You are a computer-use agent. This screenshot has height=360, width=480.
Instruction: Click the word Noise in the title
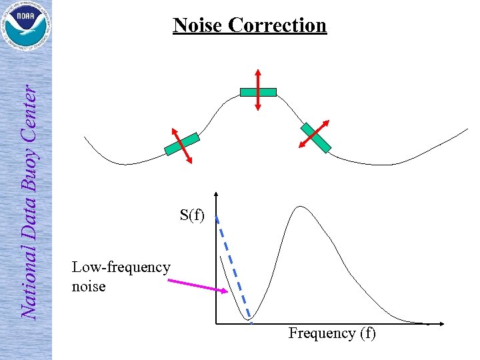198,25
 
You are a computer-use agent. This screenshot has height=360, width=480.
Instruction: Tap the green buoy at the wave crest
258,92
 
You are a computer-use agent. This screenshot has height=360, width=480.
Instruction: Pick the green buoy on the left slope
182,144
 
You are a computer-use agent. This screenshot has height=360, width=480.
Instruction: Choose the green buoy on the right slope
315,137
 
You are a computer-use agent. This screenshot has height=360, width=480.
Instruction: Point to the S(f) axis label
192,215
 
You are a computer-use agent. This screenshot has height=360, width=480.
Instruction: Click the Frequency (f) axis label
332,333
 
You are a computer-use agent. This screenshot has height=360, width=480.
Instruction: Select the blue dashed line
233,267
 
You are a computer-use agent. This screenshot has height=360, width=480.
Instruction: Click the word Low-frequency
121,267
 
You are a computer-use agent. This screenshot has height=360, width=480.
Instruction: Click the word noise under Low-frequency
89,287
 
